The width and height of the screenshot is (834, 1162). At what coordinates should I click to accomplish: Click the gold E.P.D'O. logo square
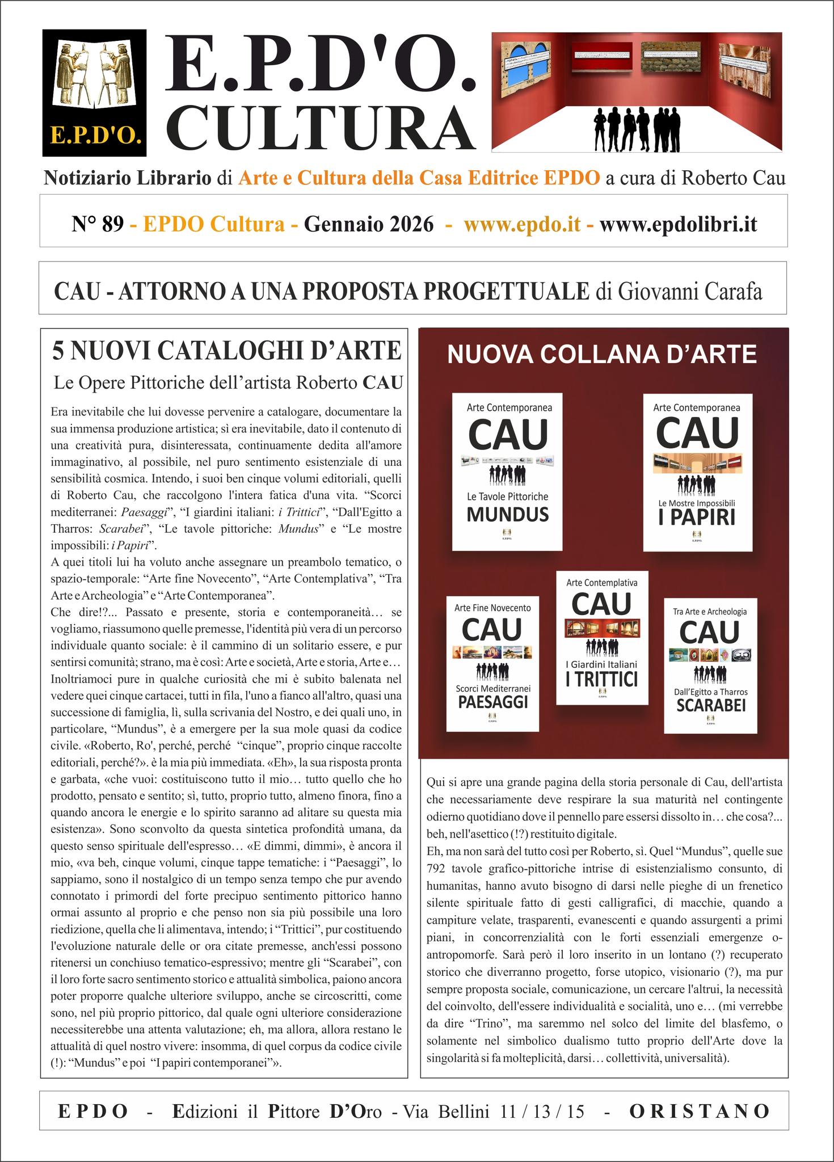tap(94, 92)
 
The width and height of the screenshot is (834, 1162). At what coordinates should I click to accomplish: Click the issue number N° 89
tap(98, 225)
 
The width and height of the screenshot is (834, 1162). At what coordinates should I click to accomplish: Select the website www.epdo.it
tap(521, 225)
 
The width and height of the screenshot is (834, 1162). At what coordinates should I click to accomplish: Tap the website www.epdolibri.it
tap(678, 225)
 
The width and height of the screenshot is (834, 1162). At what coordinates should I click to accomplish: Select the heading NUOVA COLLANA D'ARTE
tap(602, 355)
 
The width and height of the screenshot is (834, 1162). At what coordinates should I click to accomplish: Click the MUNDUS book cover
tap(507, 471)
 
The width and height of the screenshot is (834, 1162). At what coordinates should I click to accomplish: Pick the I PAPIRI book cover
tap(697, 472)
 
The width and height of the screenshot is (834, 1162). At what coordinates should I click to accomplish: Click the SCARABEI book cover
tap(710, 665)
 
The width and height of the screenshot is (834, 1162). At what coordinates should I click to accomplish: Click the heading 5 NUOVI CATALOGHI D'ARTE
tap(226, 351)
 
